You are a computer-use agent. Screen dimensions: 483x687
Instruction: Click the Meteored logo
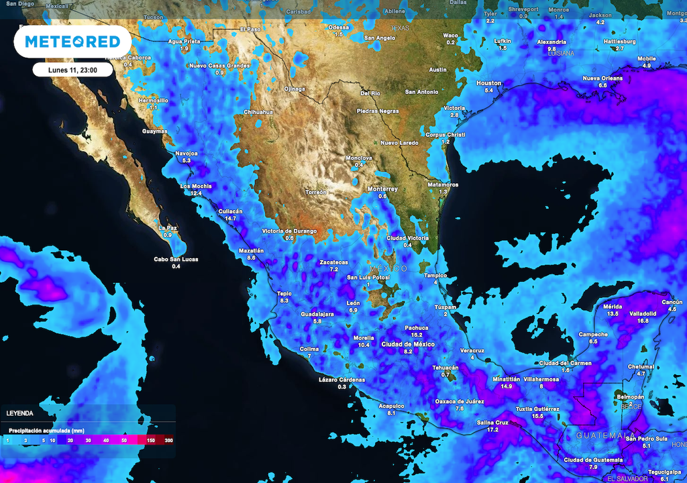[72, 42]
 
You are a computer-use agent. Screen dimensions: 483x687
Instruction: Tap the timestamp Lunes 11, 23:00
[72, 70]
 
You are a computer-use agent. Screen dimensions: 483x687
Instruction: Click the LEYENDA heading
[19, 413]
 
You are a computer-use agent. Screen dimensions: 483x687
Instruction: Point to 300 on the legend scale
[168, 440]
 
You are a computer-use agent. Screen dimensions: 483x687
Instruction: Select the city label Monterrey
[382, 189]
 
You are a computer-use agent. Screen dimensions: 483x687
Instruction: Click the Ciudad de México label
[408, 344]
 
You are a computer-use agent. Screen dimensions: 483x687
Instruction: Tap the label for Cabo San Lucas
[176, 260]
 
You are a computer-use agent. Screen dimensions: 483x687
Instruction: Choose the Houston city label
[488, 83]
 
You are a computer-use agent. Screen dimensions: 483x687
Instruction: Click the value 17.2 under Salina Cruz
[492, 429]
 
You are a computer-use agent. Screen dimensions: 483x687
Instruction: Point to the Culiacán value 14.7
[231, 219]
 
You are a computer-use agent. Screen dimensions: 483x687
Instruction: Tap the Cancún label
[672, 302]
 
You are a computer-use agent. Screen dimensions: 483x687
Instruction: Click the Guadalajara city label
[317, 315]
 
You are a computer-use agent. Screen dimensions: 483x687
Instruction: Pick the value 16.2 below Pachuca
[416, 335]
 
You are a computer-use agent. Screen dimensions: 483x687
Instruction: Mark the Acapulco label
[391, 406]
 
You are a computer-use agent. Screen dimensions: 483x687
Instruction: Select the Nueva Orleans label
[602, 78]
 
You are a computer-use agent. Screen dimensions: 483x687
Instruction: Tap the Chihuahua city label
[258, 112]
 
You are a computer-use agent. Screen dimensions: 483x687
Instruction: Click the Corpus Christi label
[445, 135]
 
